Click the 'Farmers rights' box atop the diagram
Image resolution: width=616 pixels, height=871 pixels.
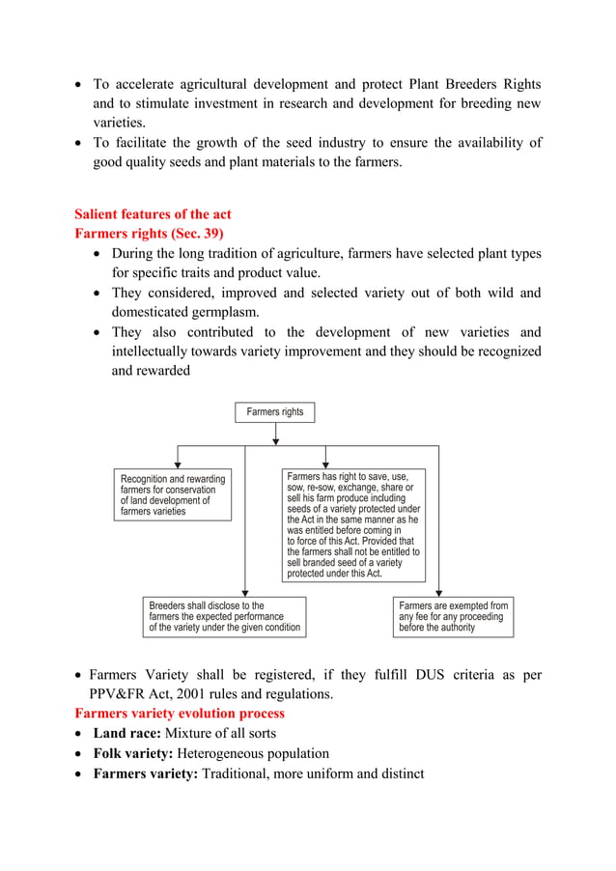coord(275,412)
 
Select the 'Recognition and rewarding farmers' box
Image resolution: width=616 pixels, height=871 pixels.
coord(174,495)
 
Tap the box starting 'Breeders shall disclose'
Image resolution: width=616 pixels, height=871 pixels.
coord(224,617)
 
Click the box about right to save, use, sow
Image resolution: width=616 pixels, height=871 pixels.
coord(353,525)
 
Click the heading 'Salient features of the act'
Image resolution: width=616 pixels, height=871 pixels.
coord(153,213)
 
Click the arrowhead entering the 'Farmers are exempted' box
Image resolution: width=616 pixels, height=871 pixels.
coord(439,592)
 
